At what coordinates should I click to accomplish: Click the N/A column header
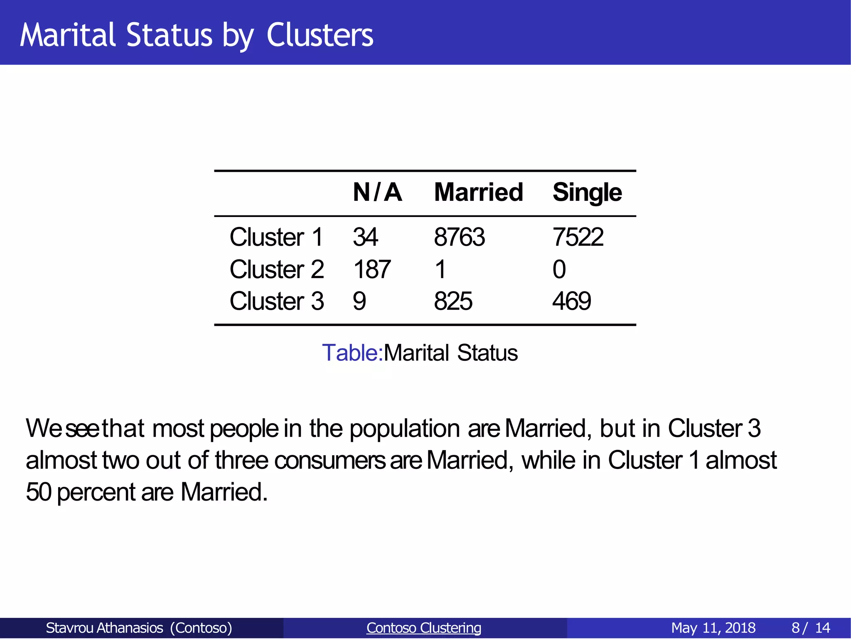(x=377, y=192)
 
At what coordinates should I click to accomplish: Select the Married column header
(x=478, y=192)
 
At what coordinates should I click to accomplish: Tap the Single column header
(x=587, y=192)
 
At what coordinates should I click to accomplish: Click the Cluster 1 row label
(x=276, y=237)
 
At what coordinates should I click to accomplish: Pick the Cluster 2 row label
(x=276, y=269)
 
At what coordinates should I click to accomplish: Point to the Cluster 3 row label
(x=276, y=301)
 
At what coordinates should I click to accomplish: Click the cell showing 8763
(x=459, y=237)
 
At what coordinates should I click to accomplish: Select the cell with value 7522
(x=578, y=237)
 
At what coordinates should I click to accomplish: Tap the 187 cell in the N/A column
(x=372, y=269)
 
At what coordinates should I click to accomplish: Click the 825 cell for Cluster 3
(x=453, y=301)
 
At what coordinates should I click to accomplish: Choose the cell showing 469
(x=571, y=301)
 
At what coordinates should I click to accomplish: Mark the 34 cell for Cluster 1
(x=365, y=237)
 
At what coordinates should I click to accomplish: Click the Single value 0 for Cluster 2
(x=559, y=269)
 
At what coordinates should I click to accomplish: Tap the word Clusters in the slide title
(x=320, y=35)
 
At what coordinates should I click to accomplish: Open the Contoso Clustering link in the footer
(x=423, y=628)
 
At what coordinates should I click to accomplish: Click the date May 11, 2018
(x=713, y=628)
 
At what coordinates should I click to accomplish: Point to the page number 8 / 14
(x=810, y=628)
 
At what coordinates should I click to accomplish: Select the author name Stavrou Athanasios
(x=104, y=628)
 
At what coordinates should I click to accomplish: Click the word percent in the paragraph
(x=96, y=492)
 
